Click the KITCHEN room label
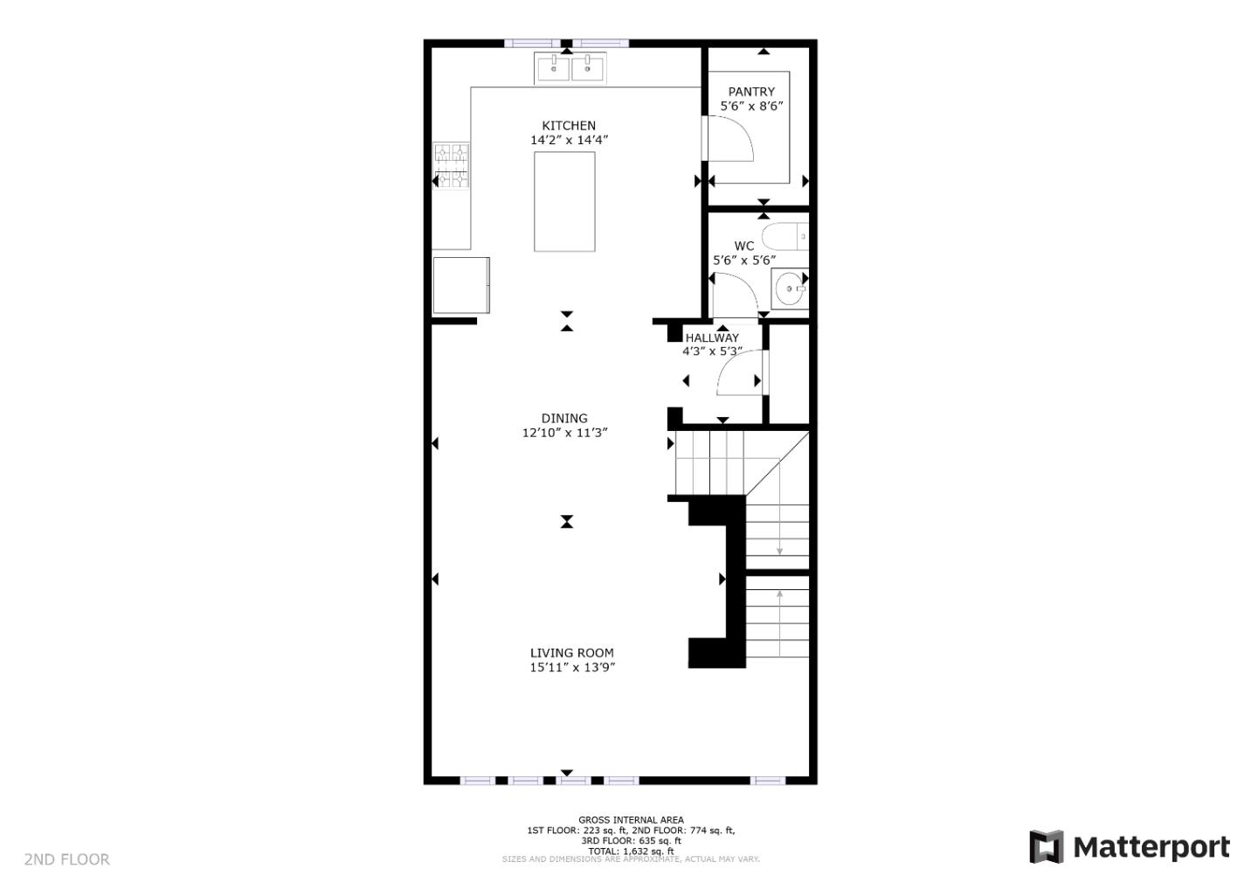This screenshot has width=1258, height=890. [569, 126]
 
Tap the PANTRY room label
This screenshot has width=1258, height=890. [751, 92]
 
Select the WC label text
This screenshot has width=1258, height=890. [743, 246]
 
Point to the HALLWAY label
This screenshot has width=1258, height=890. [712, 337]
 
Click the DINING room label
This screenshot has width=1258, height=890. [564, 418]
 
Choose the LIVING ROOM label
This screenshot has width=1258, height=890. [571, 653]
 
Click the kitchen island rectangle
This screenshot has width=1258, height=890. [564, 202]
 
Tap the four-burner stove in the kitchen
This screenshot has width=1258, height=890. [452, 165]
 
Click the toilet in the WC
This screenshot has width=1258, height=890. [784, 237]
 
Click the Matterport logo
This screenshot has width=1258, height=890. [1129, 847]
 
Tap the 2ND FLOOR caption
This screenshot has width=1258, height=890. [67, 859]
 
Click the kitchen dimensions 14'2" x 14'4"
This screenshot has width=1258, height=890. [569, 140]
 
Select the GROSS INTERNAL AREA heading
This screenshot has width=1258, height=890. [631, 820]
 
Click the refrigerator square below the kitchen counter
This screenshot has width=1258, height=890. [460, 285]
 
